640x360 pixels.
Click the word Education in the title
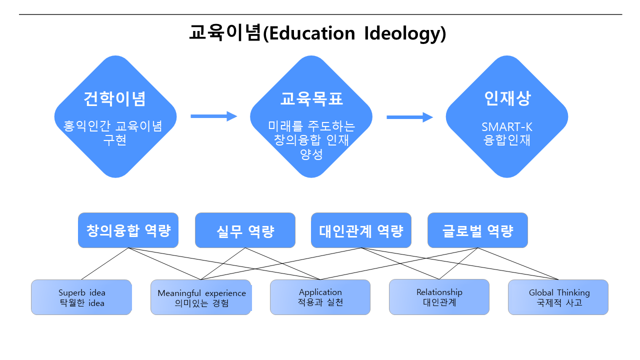(x=312, y=33)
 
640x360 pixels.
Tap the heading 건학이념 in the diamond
(x=115, y=99)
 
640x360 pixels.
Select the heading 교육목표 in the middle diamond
(x=311, y=99)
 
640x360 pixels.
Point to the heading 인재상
(x=507, y=98)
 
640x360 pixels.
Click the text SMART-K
(x=507, y=127)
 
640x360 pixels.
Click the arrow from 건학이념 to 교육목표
(x=214, y=116)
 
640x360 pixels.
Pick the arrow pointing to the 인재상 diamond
(x=409, y=117)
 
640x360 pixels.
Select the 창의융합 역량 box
(x=128, y=230)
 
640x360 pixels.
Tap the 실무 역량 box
(x=245, y=230)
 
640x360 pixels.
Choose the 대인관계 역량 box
(x=361, y=230)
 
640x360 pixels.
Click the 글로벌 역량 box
(x=477, y=230)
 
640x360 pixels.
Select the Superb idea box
(x=81, y=297)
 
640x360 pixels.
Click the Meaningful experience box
(x=201, y=297)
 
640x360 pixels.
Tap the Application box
(x=320, y=297)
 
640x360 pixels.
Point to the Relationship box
(x=439, y=297)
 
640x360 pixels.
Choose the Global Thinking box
(x=558, y=297)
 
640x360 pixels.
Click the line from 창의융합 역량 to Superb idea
(x=105, y=263)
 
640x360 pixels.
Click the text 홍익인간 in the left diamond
(x=86, y=126)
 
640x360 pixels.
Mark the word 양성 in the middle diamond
(x=311, y=154)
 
